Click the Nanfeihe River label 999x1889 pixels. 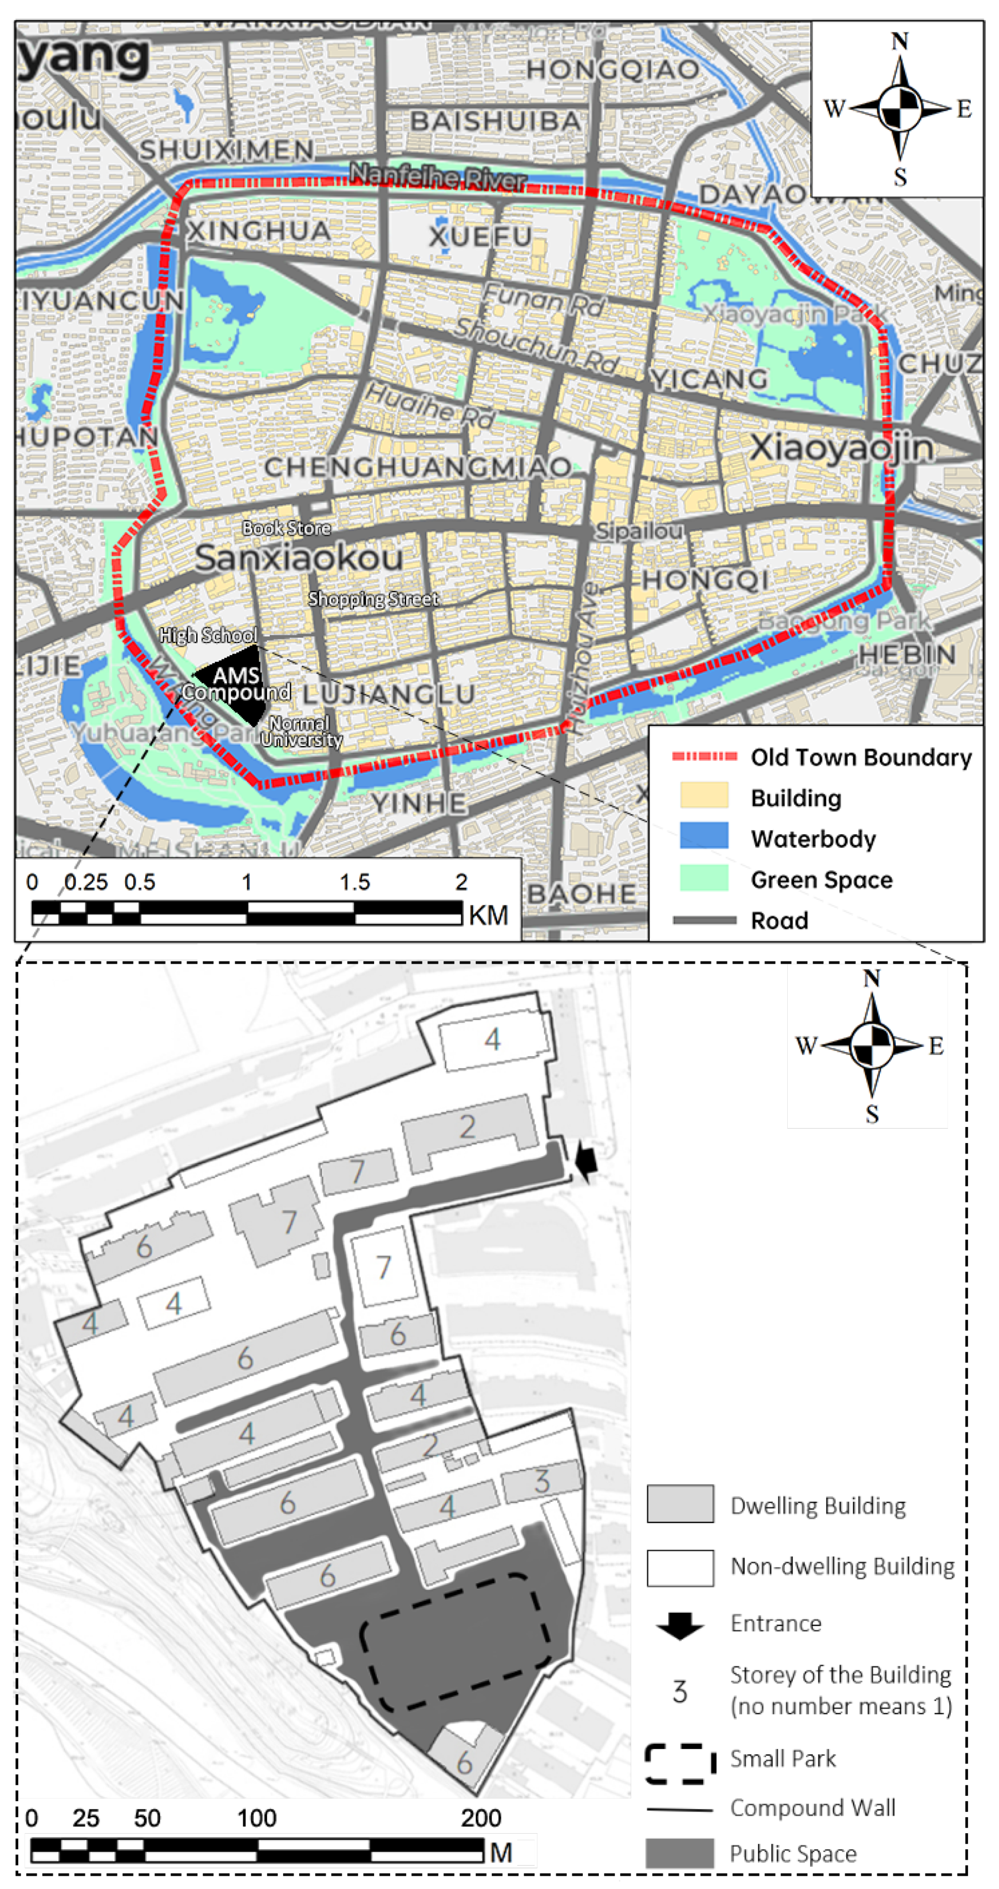click(x=438, y=176)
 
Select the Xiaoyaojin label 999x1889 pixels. click(x=841, y=448)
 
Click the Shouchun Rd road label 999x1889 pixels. click(x=536, y=343)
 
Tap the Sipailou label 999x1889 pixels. click(x=639, y=531)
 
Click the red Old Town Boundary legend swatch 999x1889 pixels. click(x=704, y=756)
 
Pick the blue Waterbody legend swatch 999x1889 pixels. click(x=704, y=835)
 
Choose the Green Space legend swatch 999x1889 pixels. click(x=704, y=878)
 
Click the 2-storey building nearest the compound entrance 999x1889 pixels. click(x=468, y=1129)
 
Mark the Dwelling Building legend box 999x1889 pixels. click(x=680, y=1504)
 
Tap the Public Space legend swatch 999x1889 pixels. click(x=680, y=1853)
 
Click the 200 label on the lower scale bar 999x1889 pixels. click(x=481, y=1818)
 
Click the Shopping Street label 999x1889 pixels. click(x=373, y=599)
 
